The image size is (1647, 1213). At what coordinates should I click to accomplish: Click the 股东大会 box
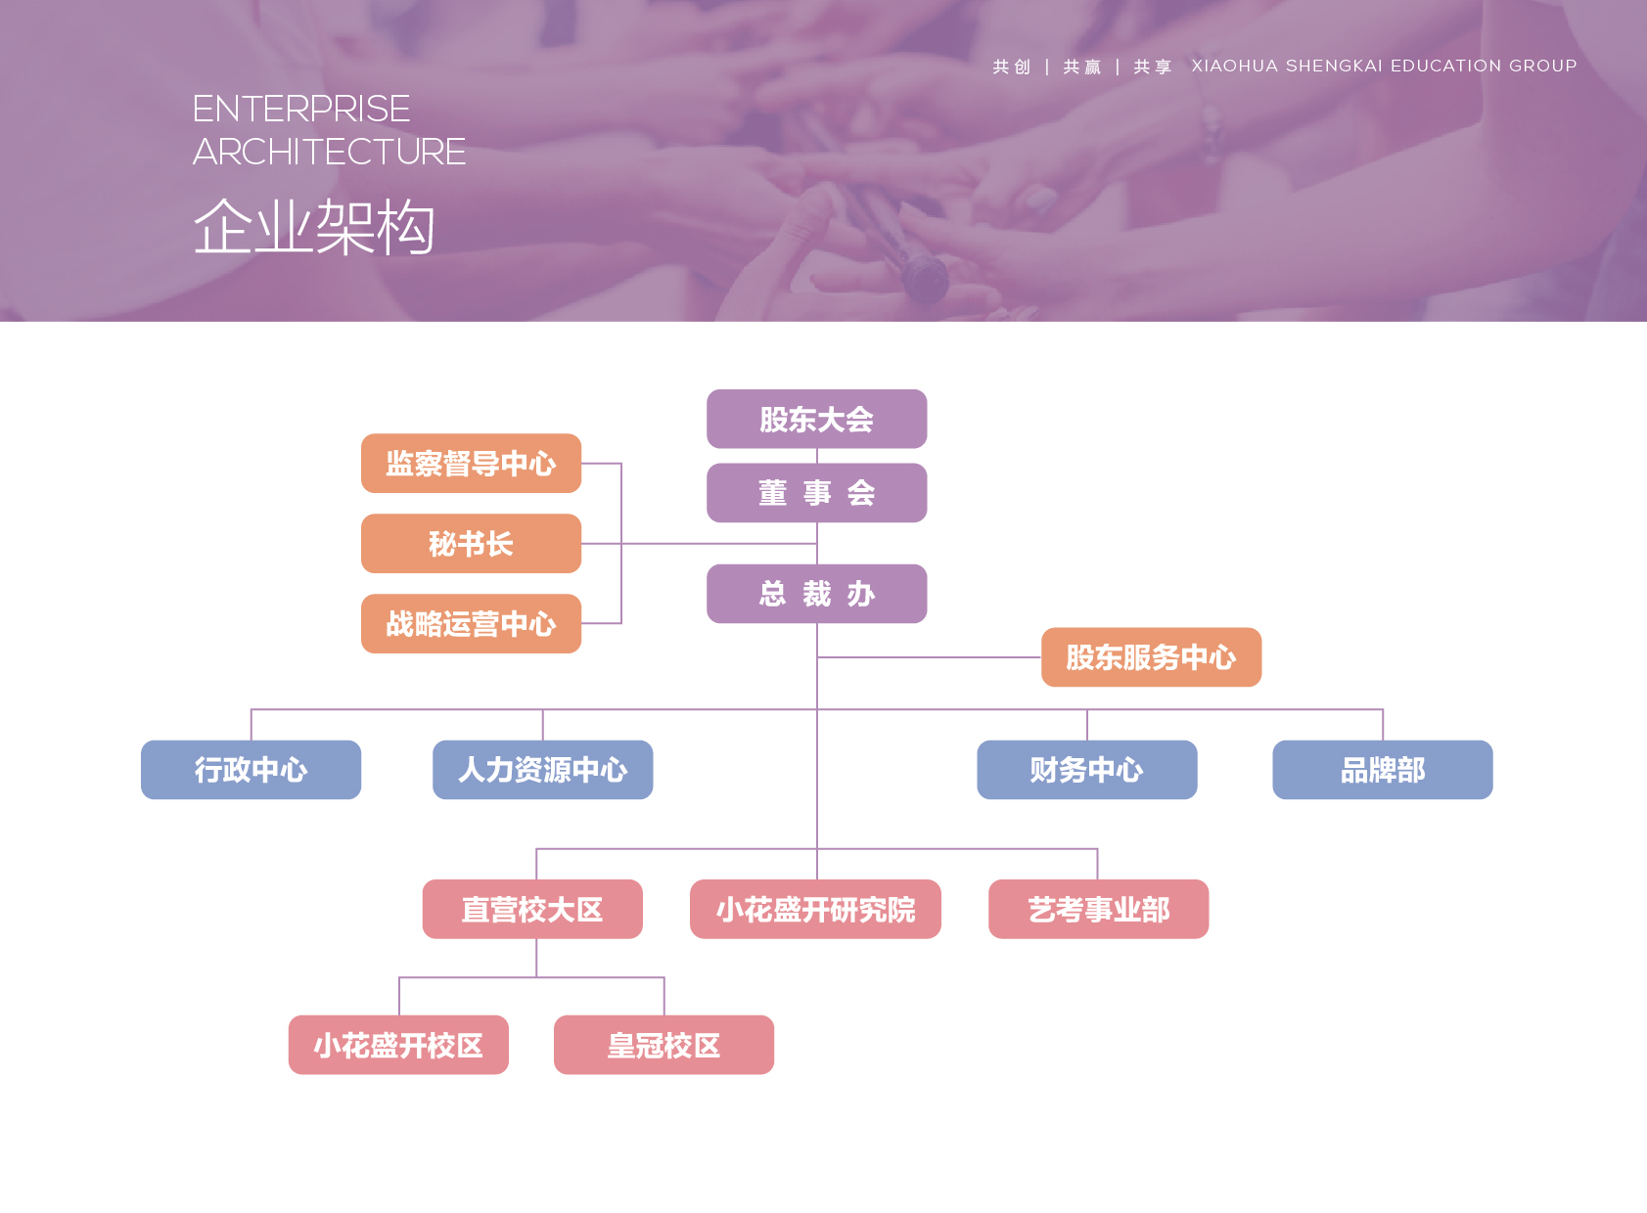(x=816, y=419)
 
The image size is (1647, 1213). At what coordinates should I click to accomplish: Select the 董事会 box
(x=816, y=493)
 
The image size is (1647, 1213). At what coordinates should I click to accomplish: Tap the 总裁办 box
(x=816, y=594)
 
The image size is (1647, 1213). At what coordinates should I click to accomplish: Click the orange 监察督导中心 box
(x=471, y=464)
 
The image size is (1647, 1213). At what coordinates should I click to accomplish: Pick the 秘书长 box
(x=471, y=544)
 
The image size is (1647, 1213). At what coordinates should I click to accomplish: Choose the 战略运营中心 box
(x=471, y=624)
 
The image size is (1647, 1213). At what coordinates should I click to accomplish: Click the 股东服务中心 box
(x=1151, y=657)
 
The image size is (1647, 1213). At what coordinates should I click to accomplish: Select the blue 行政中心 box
(x=251, y=770)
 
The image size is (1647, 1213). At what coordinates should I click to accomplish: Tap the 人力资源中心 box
(x=542, y=770)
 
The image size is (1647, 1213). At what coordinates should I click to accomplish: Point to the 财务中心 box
(x=1086, y=770)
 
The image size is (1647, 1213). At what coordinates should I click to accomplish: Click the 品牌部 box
(x=1382, y=770)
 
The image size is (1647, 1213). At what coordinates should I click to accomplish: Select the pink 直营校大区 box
(x=532, y=910)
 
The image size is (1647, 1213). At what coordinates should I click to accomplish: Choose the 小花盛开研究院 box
(x=815, y=910)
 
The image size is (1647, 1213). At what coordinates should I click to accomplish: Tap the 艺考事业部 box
(x=1098, y=910)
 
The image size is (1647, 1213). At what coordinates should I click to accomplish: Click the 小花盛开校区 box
(x=398, y=1046)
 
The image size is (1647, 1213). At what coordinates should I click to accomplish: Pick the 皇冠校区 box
(x=663, y=1046)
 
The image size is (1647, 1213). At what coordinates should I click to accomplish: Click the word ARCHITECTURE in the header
(x=329, y=153)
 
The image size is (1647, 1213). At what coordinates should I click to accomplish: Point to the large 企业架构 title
(x=314, y=227)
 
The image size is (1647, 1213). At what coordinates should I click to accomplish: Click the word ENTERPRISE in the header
(x=301, y=109)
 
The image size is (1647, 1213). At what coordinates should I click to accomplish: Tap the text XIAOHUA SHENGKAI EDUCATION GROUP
(x=1384, y=66)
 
